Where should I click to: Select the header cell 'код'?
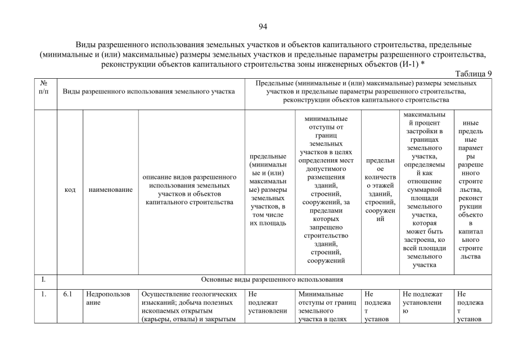pyautogui.click(x=70, y=190)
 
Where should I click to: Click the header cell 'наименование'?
pyautogui.click(x=110, y=190)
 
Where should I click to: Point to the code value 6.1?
pyautogui.click(x=67, y=294)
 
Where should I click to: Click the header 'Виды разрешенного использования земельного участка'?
pyautogui.click(x=148, y=91)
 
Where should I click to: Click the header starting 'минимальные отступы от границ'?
pyautogui.click(x=326, y=190)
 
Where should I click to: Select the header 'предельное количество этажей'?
pyautogui.click(x=380, y=190)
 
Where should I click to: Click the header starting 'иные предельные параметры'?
pyautogui.click(x=470, y=190)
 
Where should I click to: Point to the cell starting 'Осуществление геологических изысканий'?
pyautogui.click(x=191, y=307)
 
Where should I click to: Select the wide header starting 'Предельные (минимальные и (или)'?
pyautogui.click(x=366, y=91)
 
